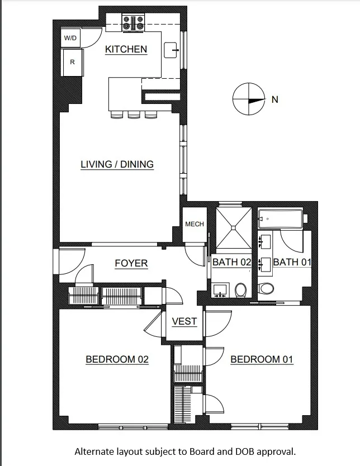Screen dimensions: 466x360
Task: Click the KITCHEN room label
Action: pyautogui.click(x=126, y=49)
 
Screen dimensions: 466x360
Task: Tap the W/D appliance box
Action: pyautogui.click(x=70, y=38)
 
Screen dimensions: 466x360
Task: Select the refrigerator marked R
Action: pyautogui.click(x=72, y=63)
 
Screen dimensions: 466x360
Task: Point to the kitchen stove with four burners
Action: pyautogui.click(x=133, y=22)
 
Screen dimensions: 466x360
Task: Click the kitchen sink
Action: pyautogui.click(x=172, y=50)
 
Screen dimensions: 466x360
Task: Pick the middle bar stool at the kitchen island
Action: pyautogui.click(x=133, y=115)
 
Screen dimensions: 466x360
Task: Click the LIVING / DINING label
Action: pyautogui.click(x=117, y=164)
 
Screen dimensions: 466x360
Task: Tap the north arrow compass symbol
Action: pyautogui.click(x=248, y=99)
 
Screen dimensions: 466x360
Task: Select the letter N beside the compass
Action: pyautogui.click(x=274, y=100)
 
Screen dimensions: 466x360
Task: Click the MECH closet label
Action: pyautogui.click(x=194, y=224)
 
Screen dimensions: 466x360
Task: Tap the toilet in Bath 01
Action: pyautogui.click(x=267, y=289)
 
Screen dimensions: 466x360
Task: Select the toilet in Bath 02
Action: pyautogui.click(x=240, y=289)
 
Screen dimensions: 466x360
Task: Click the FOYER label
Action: pyautogui.click(x=131, y=263)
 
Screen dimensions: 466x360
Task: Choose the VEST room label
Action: pyautogui.click(x=184, y=321)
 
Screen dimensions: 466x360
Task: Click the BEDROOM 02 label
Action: pyautogui.click(x=117, y=359)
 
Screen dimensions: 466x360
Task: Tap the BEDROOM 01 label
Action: pyautogui.click(x=262, y=359)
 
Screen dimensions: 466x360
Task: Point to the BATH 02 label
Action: pyautogui.click(x=231, y=262)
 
